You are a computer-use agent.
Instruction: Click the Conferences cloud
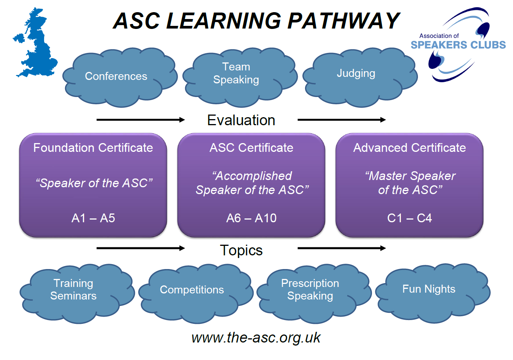tap(116, 76)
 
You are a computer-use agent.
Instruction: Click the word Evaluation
tap(241, 120)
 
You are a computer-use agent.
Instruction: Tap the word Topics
tap(241, 250)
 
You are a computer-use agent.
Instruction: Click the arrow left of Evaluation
tap(140, 120)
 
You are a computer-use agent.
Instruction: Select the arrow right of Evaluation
tap(341, 120)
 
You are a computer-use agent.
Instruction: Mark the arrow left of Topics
tap(140, 248)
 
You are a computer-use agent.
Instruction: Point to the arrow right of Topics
tap(341, 248)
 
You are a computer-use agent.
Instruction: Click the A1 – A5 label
tap(93, 218)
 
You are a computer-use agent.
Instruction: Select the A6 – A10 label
tap(251, 218)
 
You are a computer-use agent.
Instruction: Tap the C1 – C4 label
tap(410, 218)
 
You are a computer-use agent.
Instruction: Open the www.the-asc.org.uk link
tap(256, 338)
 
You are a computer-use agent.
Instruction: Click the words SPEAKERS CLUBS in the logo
tap(458, 45)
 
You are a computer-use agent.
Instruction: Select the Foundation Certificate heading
tap(93, 148)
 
